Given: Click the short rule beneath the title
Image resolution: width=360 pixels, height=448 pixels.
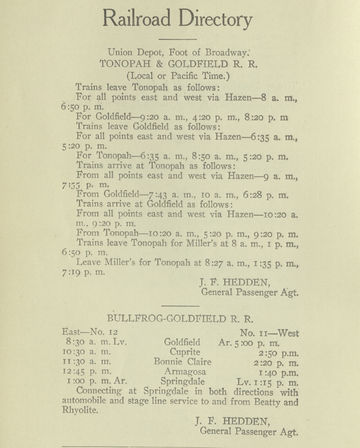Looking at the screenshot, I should click(x=180, y=39).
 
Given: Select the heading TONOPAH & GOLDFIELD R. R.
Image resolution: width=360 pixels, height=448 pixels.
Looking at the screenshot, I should click(x=179, y=64).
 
